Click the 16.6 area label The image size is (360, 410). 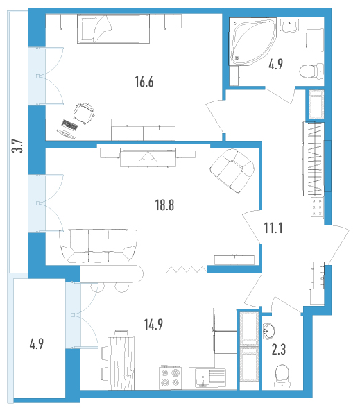point(144,82)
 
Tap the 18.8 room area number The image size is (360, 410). point(164,205)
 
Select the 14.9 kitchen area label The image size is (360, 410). point(153,324)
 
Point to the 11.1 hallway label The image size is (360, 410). point(273,228)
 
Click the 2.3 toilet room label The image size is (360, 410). point(279,350)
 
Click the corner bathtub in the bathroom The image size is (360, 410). point(252,42)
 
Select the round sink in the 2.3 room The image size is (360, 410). point(268,331)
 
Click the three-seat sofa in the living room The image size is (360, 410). point(98,246)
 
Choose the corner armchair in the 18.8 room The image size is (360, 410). point(232,171)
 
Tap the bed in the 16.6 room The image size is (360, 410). point(113,28)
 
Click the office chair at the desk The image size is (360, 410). point(84,114)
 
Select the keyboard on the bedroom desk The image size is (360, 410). point(70,125)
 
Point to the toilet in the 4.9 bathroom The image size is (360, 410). point(311,71)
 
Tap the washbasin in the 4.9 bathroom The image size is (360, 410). point(290,26)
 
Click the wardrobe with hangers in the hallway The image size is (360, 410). point(314,159)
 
